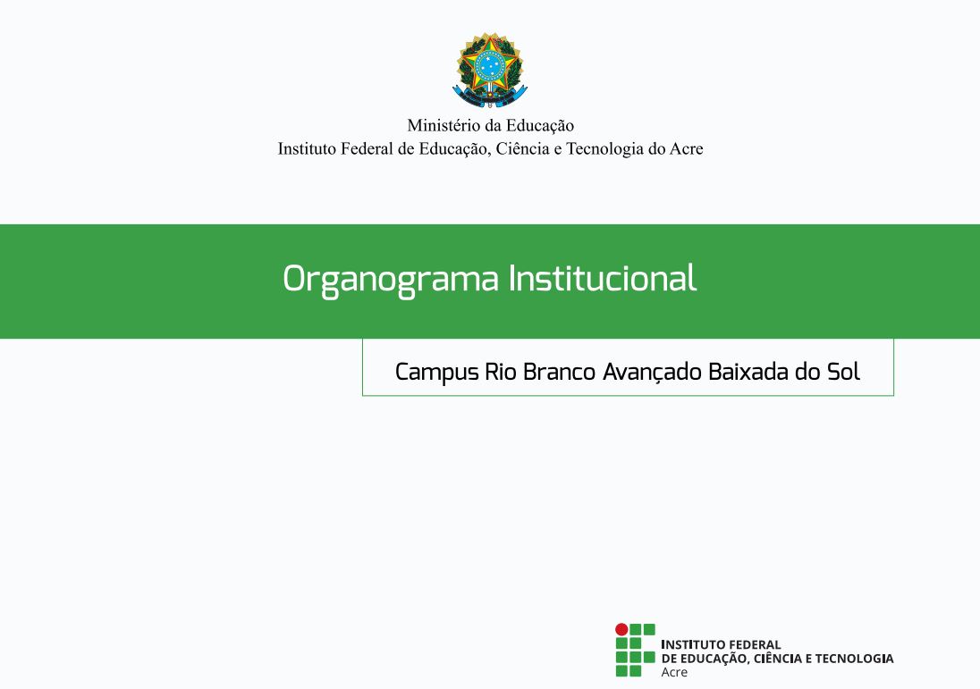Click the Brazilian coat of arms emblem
(490, 70)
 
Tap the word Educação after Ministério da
(540, 126)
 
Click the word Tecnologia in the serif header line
(604, 149)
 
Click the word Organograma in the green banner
(391, 279)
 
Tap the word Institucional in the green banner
(603, 278)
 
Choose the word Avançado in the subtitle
(653, 373)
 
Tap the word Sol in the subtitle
(844, 372)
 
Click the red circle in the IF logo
(621, 630)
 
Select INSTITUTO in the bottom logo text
(692, 644)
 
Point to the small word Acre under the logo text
(674, 672)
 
